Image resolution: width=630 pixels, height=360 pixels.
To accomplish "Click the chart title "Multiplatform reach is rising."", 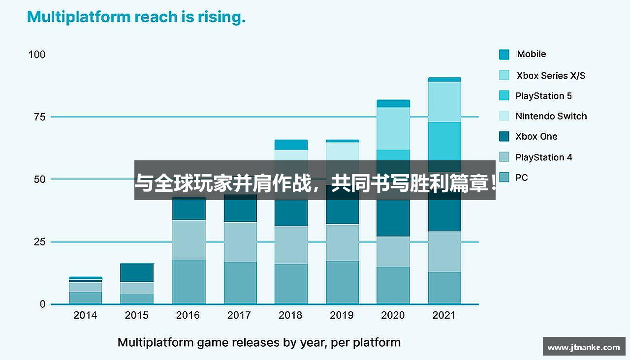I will pos(136,18).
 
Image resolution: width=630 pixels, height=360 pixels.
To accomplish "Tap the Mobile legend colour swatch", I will pos(504,55).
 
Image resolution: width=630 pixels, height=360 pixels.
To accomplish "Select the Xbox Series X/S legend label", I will pos(551,75).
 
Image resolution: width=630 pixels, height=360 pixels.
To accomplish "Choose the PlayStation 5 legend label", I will pos(543,96).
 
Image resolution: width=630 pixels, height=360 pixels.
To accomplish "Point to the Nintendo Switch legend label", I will pos(551,116).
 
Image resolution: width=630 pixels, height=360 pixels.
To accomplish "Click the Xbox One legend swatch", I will pos(504,137).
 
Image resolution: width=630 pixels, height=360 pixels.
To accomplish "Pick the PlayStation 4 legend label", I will pos(543,157).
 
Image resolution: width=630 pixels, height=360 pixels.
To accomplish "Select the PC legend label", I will pos(521,178).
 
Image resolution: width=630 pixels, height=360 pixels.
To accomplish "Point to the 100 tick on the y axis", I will pos(37,54).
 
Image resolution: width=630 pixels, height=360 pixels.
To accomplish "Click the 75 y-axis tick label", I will pos(39,117).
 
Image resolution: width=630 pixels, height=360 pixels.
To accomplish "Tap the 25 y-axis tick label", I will pos(39,242).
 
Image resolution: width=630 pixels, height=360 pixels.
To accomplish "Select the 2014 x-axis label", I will pos(85,315).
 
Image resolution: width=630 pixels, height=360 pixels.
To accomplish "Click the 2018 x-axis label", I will pos(290,315).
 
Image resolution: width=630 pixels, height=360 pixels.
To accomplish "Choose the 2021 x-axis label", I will pos(444,315).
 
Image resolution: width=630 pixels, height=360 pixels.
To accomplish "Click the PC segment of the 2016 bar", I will pos(189,281).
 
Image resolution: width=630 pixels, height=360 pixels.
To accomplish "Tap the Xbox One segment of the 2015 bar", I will pos(137,272).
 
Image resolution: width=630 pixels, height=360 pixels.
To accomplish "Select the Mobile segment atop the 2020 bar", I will pos(393,103).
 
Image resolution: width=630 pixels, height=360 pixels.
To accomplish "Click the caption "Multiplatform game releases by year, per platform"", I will pos(259,342).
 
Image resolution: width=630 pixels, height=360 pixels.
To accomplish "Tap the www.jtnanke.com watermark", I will pos(584,347).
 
